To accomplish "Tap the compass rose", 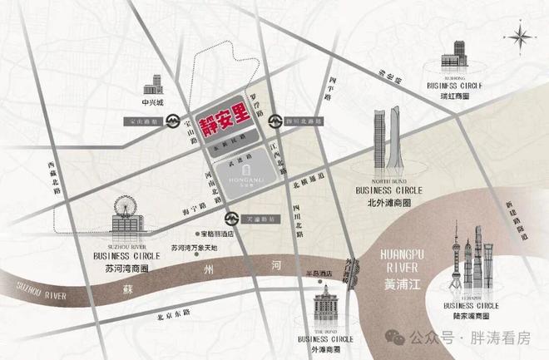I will pyautogui.click(x=521, y=37).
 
